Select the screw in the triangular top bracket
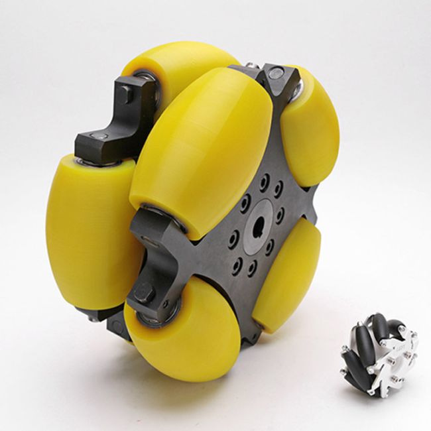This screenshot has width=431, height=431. click(275, 76)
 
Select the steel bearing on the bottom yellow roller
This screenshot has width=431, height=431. click(150, 318)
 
